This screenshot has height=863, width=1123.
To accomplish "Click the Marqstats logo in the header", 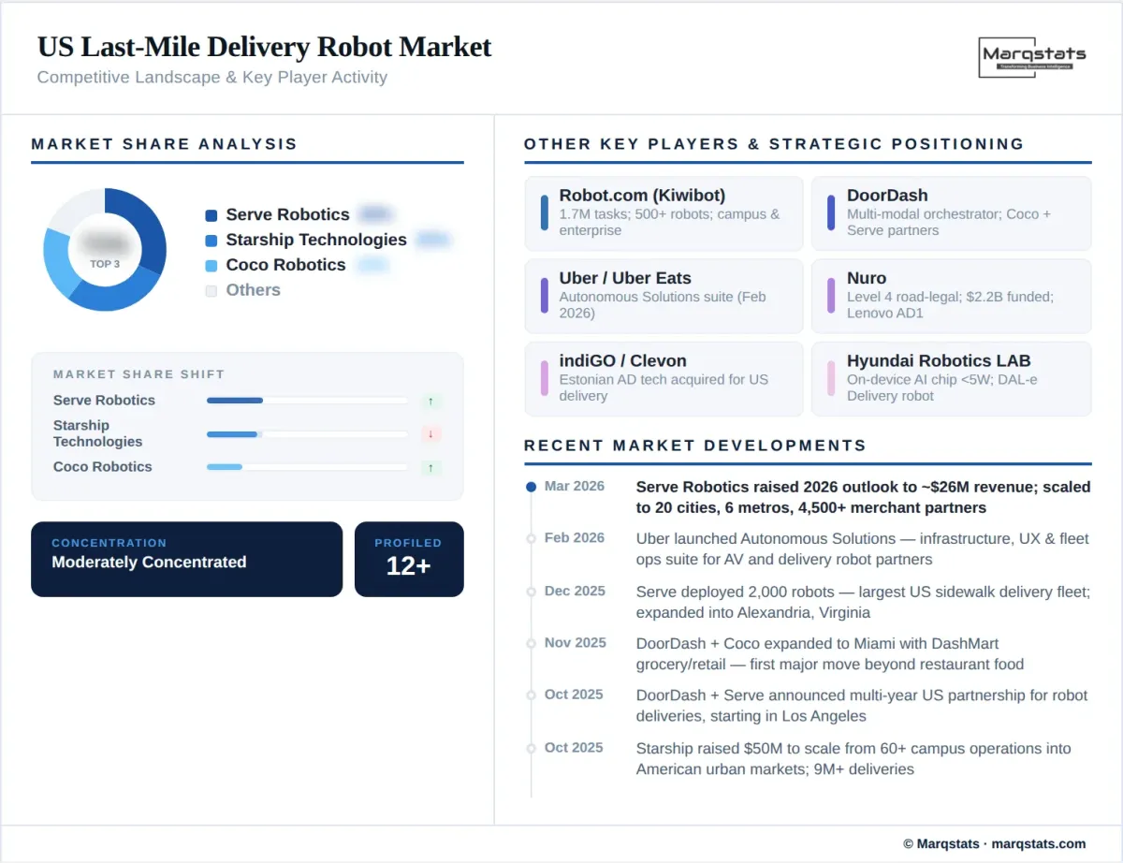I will (x=1034, y=58).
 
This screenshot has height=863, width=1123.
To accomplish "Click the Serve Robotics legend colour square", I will (x=211, y=215).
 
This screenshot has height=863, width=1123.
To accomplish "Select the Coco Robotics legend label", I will (x=285, y=265).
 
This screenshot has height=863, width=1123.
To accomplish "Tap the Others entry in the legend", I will (x=253, y=290).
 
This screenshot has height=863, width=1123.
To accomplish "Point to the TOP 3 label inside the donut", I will (x=105, y=264).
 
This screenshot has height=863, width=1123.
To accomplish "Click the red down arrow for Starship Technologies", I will (x=430, y=434).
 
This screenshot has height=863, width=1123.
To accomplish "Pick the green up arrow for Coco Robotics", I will (x=430, y=467).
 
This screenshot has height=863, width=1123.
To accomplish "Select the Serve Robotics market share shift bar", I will (x=235, y=401).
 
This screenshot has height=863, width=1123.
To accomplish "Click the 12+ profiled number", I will (x=408, y=565).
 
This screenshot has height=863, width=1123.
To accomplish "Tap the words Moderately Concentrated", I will (x=149, y=563).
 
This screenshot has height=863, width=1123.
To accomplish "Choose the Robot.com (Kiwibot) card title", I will (x=642, y=196).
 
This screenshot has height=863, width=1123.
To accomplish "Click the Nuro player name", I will (x=867, y=278).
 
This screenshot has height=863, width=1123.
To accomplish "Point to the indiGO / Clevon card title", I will (x=622, y=360).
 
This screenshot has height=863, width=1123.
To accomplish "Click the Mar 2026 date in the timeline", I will (x=575, y=487).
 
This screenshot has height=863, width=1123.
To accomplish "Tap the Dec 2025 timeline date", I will (x=575, y=592).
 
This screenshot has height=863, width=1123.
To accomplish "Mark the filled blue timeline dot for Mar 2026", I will (x=531, y=487).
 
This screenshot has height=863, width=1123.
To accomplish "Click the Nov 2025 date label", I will (x=575, y=643).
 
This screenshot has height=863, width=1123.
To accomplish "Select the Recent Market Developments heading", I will (x=695, y=446).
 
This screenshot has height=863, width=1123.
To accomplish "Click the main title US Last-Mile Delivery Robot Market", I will (x=264, y=47).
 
